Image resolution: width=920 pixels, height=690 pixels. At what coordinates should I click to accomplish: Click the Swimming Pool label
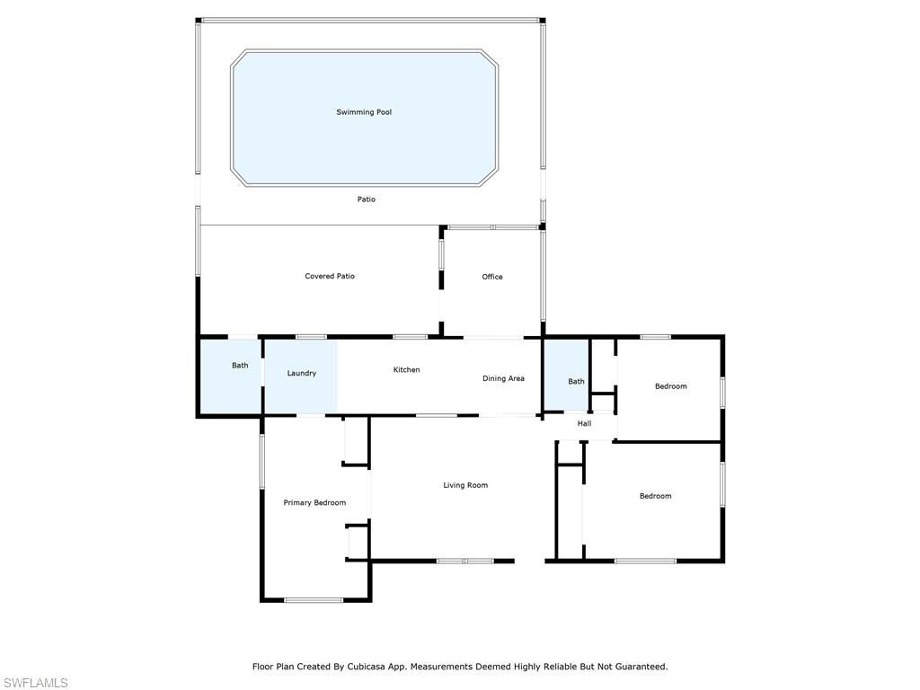[364, 112]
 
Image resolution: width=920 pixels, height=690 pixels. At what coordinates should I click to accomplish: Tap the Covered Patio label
[330, 276]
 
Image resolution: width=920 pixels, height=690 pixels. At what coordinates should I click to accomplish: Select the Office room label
[492, 277]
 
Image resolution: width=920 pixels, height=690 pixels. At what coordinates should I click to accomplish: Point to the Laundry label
[302, 373]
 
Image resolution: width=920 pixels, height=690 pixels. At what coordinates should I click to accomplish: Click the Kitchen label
[407, 369]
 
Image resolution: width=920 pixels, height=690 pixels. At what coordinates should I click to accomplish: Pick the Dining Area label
[503, 378]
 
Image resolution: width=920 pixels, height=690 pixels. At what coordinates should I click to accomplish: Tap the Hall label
[584, 423]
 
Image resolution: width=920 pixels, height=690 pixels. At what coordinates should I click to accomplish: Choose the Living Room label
[465, 485]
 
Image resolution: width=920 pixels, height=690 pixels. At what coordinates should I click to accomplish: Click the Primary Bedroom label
[314, 503]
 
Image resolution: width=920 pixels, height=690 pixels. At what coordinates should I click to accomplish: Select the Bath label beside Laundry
[240, 365]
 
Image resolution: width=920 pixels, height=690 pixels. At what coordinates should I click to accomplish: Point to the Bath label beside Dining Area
[576, 381]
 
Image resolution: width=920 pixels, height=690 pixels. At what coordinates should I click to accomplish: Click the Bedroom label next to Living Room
[655, 496]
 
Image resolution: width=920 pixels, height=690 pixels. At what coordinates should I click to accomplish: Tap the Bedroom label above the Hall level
[670, 386]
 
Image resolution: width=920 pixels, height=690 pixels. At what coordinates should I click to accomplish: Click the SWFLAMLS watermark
[35, 683]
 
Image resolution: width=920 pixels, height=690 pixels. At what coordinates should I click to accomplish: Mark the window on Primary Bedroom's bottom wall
[314, 599]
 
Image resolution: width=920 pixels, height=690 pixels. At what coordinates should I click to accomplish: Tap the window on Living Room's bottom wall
[465, 561]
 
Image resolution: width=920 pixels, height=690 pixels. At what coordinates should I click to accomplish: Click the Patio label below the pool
[367, 199]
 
